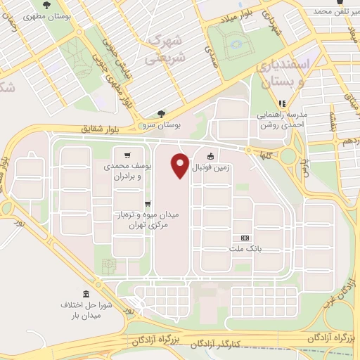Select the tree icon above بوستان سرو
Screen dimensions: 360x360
162,114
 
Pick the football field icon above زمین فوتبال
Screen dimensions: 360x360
210,157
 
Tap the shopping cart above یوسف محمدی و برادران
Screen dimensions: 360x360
127,155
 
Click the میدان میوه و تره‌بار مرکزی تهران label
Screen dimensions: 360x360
147,220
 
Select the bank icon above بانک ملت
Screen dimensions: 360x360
245,238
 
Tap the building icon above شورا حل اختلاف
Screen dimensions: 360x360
86,294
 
